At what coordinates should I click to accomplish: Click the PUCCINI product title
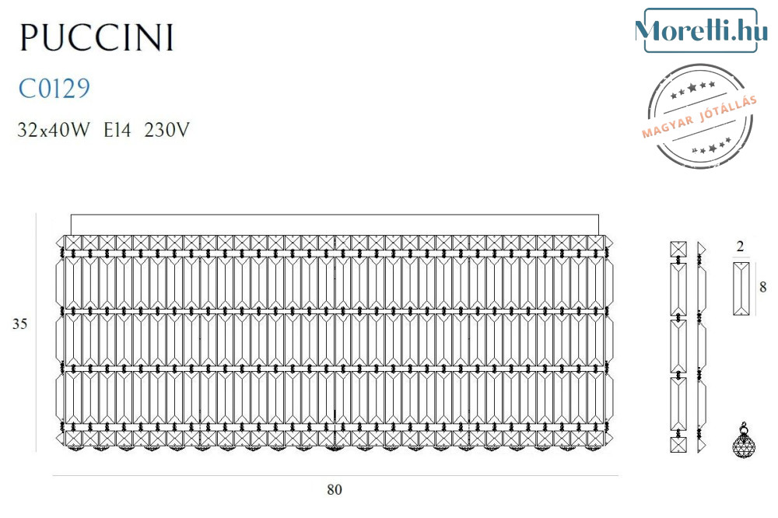pos(96,37)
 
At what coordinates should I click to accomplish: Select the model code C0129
pos(54,89)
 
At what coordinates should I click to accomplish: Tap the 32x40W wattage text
pos(54,130)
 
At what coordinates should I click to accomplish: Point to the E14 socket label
pos(117,130)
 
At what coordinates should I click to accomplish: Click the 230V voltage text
pos(166,130)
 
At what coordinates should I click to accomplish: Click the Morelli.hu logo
pos(701,31)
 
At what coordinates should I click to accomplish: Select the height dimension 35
pos(20,324)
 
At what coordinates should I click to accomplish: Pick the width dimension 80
pos(335,490)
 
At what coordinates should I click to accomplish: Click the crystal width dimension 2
pos(741,247)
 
